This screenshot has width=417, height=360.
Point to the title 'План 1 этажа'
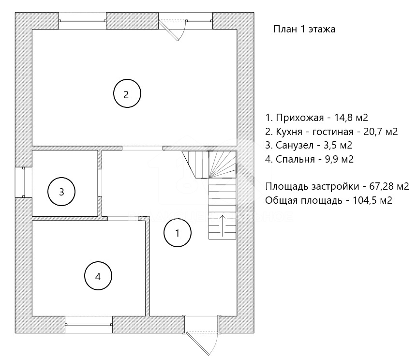304,29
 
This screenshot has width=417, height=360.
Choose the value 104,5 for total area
364,200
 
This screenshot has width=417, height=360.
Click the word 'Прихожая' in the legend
300,118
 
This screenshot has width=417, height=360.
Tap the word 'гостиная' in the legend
333,132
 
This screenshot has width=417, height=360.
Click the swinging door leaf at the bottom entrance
198,343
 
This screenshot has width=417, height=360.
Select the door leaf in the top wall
169,30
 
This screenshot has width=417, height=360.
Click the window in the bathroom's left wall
24,182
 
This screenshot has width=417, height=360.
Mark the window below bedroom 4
89,324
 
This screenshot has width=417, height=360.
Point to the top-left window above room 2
82,21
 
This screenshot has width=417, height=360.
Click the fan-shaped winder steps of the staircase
223,165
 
